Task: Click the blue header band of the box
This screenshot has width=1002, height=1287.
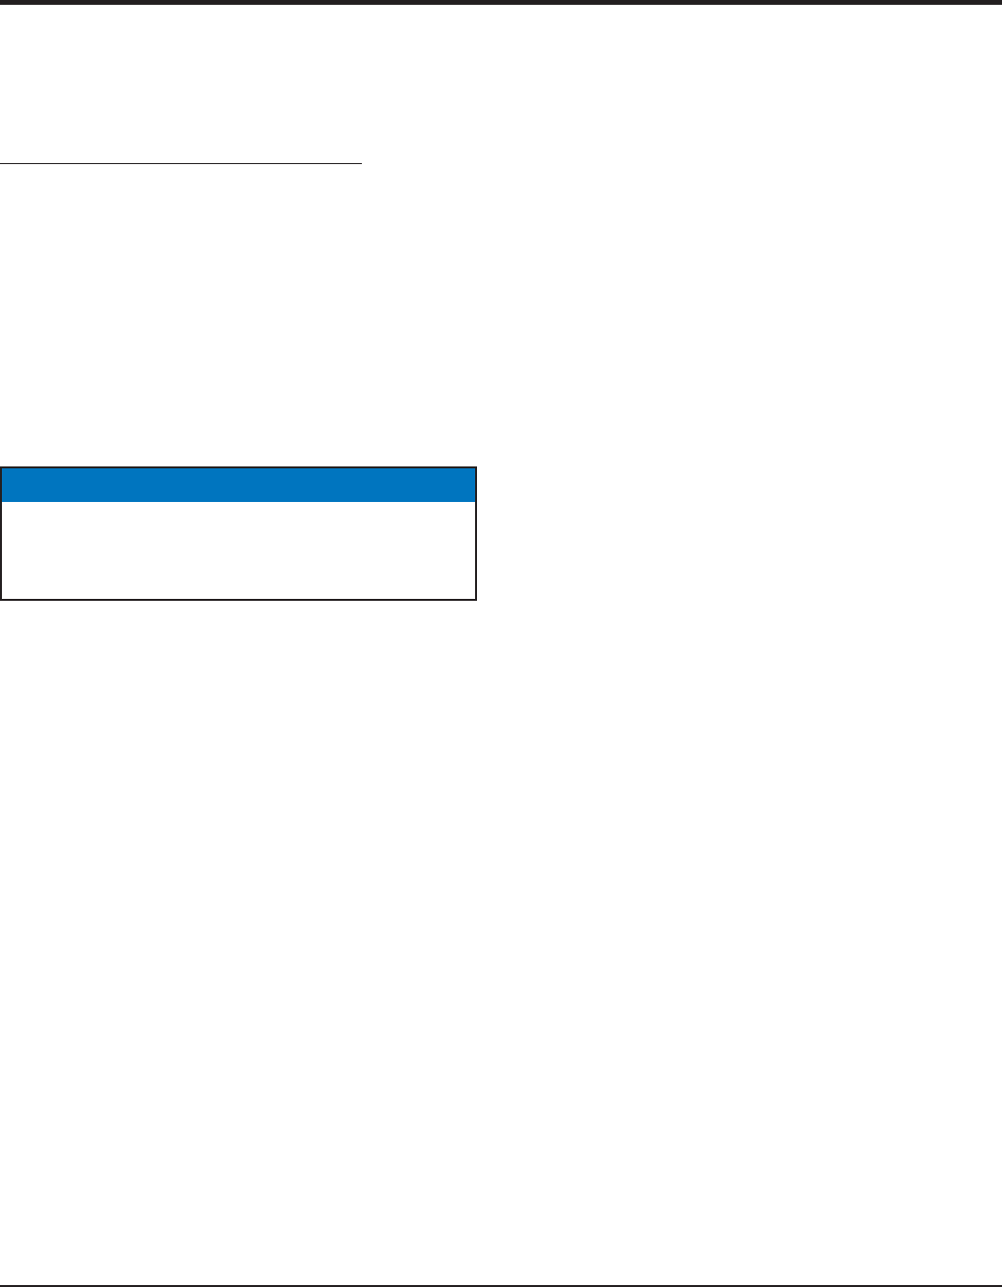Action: click(238, 485)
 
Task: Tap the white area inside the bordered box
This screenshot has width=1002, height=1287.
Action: click(238, 550)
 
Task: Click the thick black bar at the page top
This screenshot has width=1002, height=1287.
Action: click(501, 3)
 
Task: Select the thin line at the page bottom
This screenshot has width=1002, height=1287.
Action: click(501, 1284)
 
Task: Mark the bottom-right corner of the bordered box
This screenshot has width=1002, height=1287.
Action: click(476, 600)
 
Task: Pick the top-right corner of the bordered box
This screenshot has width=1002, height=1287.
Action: click(476, 468)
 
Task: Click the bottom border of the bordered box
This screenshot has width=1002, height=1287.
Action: click(238, 600)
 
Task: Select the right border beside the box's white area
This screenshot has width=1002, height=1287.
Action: click(476, 550)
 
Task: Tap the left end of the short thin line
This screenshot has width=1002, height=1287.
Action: click(2, 164)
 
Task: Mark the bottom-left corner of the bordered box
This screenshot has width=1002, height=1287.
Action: click(1, 600)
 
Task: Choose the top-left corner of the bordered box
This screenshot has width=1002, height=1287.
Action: click(1, 468)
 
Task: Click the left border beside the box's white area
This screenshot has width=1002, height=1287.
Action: click(1, 550)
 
